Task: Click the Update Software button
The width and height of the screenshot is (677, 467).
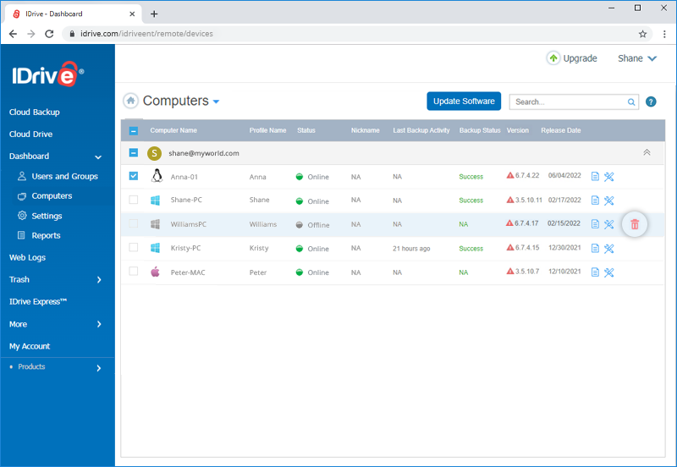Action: pyautogui.click(x=464, y=101)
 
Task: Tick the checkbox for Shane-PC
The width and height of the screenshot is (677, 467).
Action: pyautogui.click(x=134, y=200)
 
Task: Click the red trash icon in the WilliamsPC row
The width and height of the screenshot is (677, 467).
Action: pyautogui.click(x=634, y=224)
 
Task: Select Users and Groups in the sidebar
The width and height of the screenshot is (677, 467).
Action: pyautogui.click(x=65, y=176)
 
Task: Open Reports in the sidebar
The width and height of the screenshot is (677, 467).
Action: pyautogui.click(x=46, y=235)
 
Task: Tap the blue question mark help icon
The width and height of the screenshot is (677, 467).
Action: pyautogui.click(x=651, y=102)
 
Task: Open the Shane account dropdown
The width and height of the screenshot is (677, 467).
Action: pyautogui.click(x=637, y=58)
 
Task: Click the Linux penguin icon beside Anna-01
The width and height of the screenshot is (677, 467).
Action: pyautogui.click(x=157, y=176)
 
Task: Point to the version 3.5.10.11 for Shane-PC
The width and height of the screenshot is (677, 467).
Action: pyautogui.click(x=528, y=200)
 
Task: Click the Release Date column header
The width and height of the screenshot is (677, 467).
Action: pyautogui.click(x=561, y=130)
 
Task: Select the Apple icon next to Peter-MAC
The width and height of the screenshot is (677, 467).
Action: pyautogui.click(x=156, y=272)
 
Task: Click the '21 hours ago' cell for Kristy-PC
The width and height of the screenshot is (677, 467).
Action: pyautogui.click(x=411, y=249)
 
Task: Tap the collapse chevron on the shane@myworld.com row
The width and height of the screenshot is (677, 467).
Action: pyautogui.click(x=647, y=152)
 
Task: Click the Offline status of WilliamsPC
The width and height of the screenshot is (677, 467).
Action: pyautogui.click(x=318, y=225)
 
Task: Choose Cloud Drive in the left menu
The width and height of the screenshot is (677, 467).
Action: pyautogui.click(x=30, y=134)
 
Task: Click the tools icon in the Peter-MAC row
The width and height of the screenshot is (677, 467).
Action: pyautogui.click(x=608, y=272)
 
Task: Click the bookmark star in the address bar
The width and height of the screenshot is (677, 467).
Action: pyautogui.click(x=642, y=34)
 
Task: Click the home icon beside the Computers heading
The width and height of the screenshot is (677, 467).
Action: pyautogui.click(x=131, y=101)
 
